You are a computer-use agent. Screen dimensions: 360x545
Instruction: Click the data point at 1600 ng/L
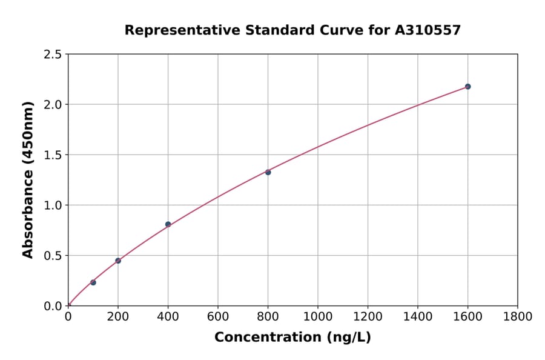467,87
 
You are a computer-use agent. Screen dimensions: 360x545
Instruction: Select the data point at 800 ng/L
268,172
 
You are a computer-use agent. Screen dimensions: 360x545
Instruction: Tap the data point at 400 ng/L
168,224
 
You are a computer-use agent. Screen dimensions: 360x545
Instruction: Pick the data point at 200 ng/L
118,261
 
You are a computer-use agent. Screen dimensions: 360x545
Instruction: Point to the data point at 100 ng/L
93,282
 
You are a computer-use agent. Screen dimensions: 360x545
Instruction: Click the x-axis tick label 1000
317,316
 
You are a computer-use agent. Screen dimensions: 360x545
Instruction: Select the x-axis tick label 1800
517,316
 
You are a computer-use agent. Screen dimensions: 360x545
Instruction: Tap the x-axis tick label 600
218,316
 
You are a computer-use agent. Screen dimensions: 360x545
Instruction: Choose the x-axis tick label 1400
417,316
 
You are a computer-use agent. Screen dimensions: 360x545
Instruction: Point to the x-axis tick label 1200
368,316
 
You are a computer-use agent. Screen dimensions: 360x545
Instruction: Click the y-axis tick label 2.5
53,55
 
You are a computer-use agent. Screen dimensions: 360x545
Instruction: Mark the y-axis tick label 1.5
53,155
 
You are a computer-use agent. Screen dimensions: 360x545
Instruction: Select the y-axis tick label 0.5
53,256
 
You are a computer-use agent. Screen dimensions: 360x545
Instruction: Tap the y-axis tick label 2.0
53,105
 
